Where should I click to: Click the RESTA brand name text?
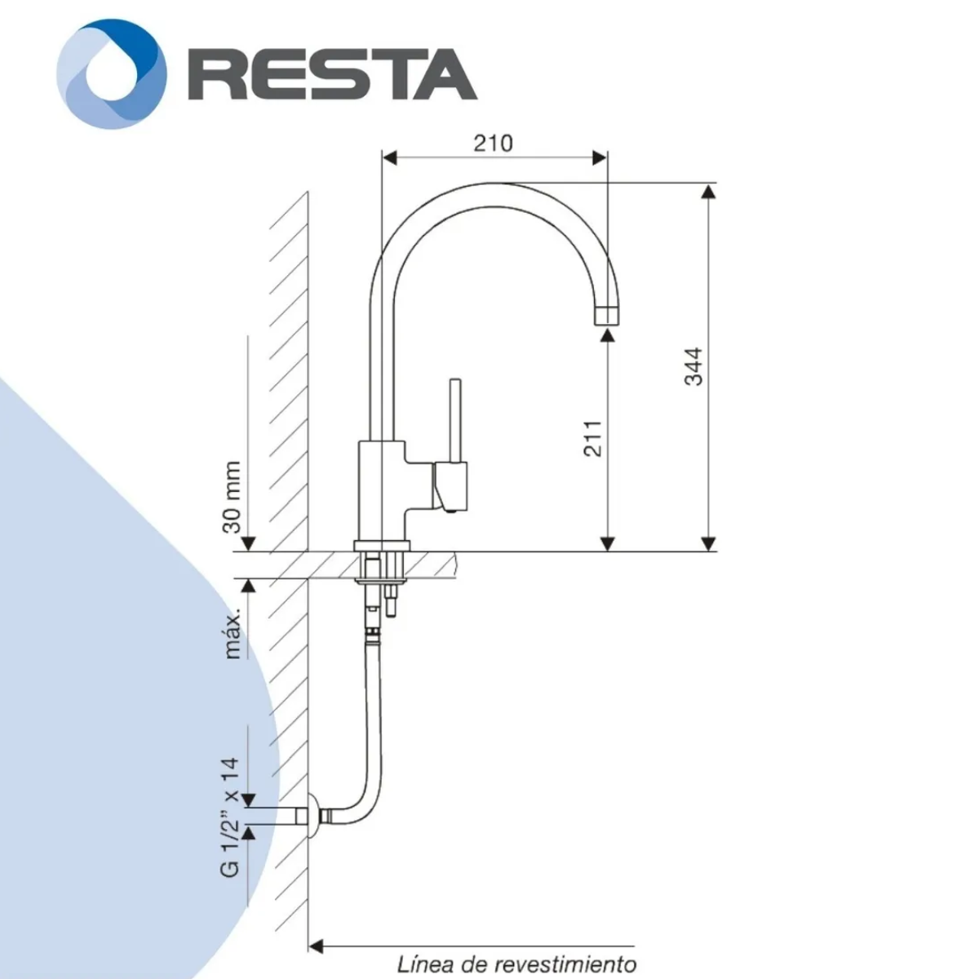point(332,73)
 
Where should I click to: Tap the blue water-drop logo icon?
point(111,73)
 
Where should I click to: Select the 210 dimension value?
point(494,144)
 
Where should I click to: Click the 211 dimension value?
point(592,438)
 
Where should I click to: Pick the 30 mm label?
point(232,497)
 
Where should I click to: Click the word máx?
point(232,637)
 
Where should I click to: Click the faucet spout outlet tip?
point(608,316)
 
